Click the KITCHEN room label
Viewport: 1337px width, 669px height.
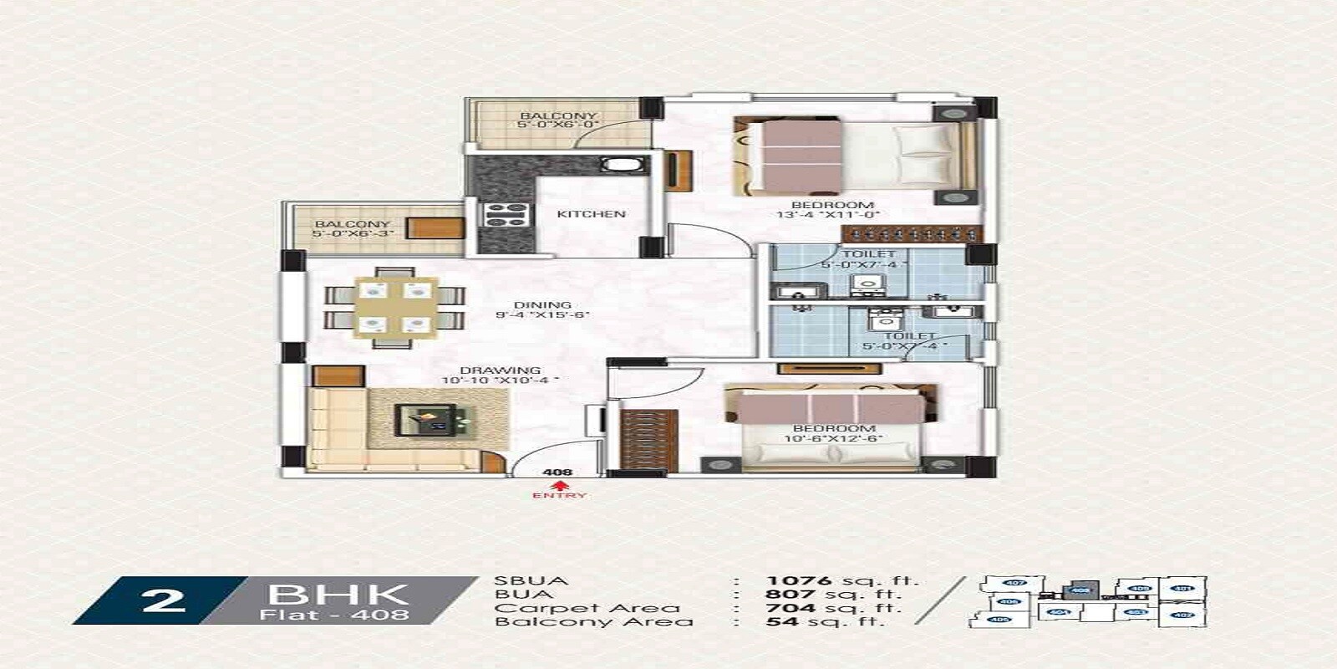(591, 214)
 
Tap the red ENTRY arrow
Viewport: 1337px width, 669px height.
(559, 485)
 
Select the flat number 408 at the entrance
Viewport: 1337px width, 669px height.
(557, 472)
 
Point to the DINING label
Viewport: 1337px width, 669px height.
(543, 305)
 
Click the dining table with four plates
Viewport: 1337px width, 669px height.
(394, 307)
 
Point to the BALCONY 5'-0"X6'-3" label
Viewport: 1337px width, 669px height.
(352, 229)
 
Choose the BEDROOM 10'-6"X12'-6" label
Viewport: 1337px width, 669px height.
(832, 433)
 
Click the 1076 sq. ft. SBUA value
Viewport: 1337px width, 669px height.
(841, 580)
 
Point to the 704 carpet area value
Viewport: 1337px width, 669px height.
(791, 608)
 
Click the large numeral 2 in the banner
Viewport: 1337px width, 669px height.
(163, 600)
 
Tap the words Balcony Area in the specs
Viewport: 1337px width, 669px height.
(593, 622)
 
